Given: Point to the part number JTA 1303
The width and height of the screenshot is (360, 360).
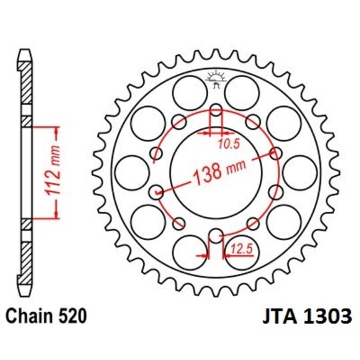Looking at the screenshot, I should click(x=301, y=316).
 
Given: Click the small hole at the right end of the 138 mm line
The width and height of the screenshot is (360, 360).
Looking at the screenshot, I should click(x=275, y=154).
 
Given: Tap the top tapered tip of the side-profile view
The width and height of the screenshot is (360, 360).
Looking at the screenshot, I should click(x=23, y=53).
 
